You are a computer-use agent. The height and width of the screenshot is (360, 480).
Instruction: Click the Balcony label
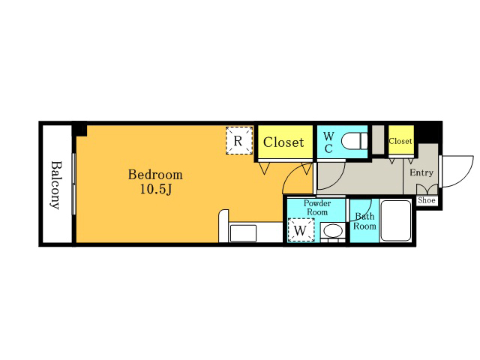pos(55,185)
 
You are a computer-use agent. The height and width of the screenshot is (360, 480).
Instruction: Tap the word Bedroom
pos(155,175)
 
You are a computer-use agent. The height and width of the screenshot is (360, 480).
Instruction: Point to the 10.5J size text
pos(155,189)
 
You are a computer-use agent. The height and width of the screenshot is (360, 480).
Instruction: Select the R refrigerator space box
pos(239,140)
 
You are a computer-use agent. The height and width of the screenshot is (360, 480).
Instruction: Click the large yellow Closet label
pos(283,142)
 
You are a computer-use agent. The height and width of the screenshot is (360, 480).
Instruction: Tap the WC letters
pos(328,142)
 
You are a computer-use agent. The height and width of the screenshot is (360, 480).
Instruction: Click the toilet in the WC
pos(354,141)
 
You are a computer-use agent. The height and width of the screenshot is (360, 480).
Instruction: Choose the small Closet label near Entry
pos(400,141)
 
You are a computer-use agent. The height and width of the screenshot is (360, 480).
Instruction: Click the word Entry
pos(421,172)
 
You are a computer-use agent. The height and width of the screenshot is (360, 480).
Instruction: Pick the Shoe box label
pos(427,200)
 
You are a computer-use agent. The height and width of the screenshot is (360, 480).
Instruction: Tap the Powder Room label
pos(317,208)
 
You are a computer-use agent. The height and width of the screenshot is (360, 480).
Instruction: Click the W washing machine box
pos(301,229)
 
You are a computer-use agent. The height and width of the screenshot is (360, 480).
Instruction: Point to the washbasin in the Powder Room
pos(333,231)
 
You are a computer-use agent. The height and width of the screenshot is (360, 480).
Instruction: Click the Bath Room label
pos(364,221)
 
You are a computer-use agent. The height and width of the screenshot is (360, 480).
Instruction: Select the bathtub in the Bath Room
pos(395,220)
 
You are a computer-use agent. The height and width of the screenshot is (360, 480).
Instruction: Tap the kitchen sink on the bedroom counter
pos(243,233)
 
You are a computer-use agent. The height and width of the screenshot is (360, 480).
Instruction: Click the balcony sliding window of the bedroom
pos(73,184)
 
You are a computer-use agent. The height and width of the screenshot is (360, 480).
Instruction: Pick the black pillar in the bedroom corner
pos(80,130)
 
